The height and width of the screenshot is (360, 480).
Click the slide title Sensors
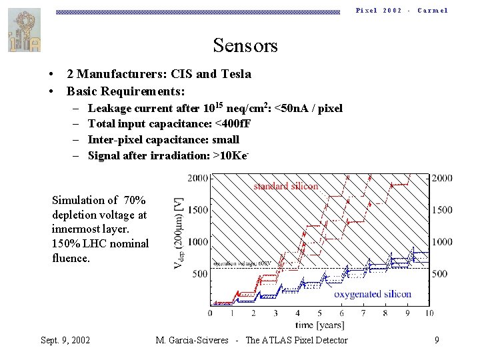tap(245, 46)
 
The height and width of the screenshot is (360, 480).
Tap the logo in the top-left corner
tap(23, 30)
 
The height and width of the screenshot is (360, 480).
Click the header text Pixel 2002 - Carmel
tap(401, 11)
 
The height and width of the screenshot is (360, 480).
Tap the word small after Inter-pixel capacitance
tap(225, 139)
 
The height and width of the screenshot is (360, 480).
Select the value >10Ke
tap(231, 155)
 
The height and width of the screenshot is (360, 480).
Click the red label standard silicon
tap(285, 186)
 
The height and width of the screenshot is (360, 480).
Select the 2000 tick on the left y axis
tap(198, 178)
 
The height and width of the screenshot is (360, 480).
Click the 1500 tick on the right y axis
tap(442, 210)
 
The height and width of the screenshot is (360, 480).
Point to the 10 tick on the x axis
tap(428, 313)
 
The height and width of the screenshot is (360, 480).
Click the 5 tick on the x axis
tap(319, 313)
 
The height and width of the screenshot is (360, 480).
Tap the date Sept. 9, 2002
tap(65, 341)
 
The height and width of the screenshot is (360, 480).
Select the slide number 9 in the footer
tap(436, 341)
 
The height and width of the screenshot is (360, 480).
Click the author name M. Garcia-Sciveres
tap(193, 341)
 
